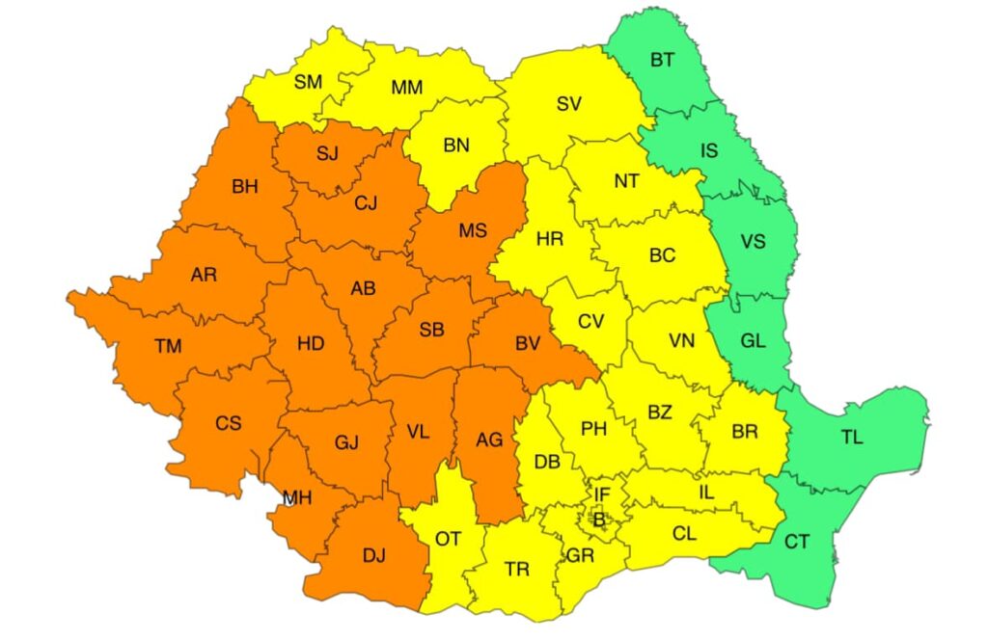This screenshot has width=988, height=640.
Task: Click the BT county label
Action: pyautogui.click(x=662, y=60)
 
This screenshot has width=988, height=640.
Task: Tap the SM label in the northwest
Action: pyautogui.click(x=308, y=82)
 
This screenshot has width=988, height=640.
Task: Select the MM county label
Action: pyautogui.click(x=406, y=88)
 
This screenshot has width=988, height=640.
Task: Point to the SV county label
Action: pyautogui.click(x=569, y=104)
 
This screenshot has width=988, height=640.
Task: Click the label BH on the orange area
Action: pyautogui.click(x=245, y=187)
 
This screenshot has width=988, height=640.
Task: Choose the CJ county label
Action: pyautogui.click(x=366, y=202)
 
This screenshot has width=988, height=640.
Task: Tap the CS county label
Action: pyautogui.click(x=229, y=422)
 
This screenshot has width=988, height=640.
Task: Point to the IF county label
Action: pyautogui.click(x=602, y=494)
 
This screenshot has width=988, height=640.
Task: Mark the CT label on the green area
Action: pyautogui.click(x=797, y=542)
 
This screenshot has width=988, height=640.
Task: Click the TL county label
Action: pyautogui.click(x=851, y=438)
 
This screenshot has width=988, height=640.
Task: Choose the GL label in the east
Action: pyautogui.click(x=753, y=340)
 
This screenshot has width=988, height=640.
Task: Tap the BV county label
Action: pyautogui.click(x=527, y=342)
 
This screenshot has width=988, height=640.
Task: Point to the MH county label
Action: pyautogui.click(x=297, y=498)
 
